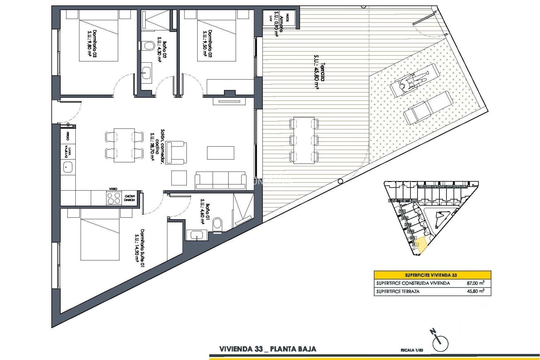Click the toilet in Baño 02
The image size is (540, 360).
click(x=148, y=46)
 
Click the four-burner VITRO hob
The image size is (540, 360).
click(x=114, y=198)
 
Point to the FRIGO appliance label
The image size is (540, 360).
click(x=68, y=136)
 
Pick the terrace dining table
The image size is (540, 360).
click(x=304, y=140)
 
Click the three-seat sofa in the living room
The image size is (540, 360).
click(x=220, y=180)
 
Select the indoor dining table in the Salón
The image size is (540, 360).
click(x=124, y=145)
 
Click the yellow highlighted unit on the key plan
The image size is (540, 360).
click(x=421, y=244)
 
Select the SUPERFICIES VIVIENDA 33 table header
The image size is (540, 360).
click(x=432, y=275)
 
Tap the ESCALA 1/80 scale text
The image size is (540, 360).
click(x=412, y=350)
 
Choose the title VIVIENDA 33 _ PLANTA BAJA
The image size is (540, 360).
click(x=267, y=349)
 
